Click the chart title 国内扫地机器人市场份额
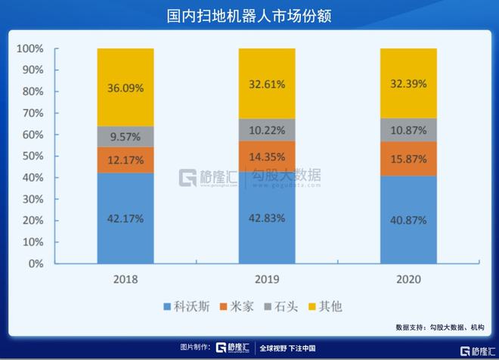[249, 15]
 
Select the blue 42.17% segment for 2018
[126, 219]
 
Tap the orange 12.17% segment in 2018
[126, 160]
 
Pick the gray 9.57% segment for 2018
[126, 136]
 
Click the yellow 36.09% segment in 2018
[126, 87]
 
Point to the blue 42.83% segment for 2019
[267, 218]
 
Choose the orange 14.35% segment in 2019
[267, 157]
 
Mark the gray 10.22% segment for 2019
[267, 130]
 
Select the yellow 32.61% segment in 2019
[267, 83]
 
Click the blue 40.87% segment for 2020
[408, 220]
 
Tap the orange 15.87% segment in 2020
[408, 159]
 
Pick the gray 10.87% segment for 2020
[408, 130]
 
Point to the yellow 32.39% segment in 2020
[408, 83]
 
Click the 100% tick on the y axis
[30, 49]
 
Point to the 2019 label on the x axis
[267, 279]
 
